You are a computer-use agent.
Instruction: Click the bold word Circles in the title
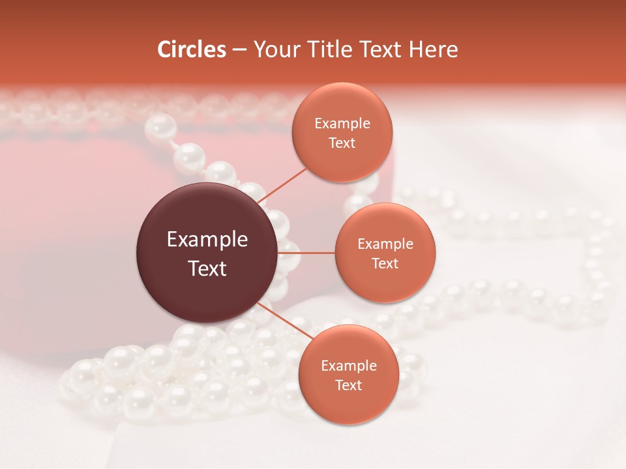pos(192,50)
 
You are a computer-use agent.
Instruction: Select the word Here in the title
pos(434,50)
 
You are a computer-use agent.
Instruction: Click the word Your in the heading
pos(275,50)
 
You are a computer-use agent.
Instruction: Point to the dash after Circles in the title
pos(239,50)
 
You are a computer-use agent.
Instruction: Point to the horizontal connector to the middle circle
pos(306,253)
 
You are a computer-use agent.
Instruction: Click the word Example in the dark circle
pos(207,240)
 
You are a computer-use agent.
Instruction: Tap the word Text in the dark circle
pos(207,268)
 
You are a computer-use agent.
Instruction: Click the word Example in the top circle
pos(342,123)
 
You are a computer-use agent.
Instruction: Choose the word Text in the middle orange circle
pos(385,263)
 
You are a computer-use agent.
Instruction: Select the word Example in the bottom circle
pos(348,365)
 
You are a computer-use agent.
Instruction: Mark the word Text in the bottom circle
pos(348,385)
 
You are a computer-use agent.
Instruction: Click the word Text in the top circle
pos(342,143)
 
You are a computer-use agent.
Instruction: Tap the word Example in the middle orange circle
pos(385,244)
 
